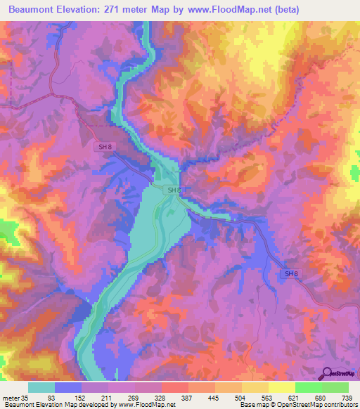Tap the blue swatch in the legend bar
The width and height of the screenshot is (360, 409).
coord(68,387)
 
